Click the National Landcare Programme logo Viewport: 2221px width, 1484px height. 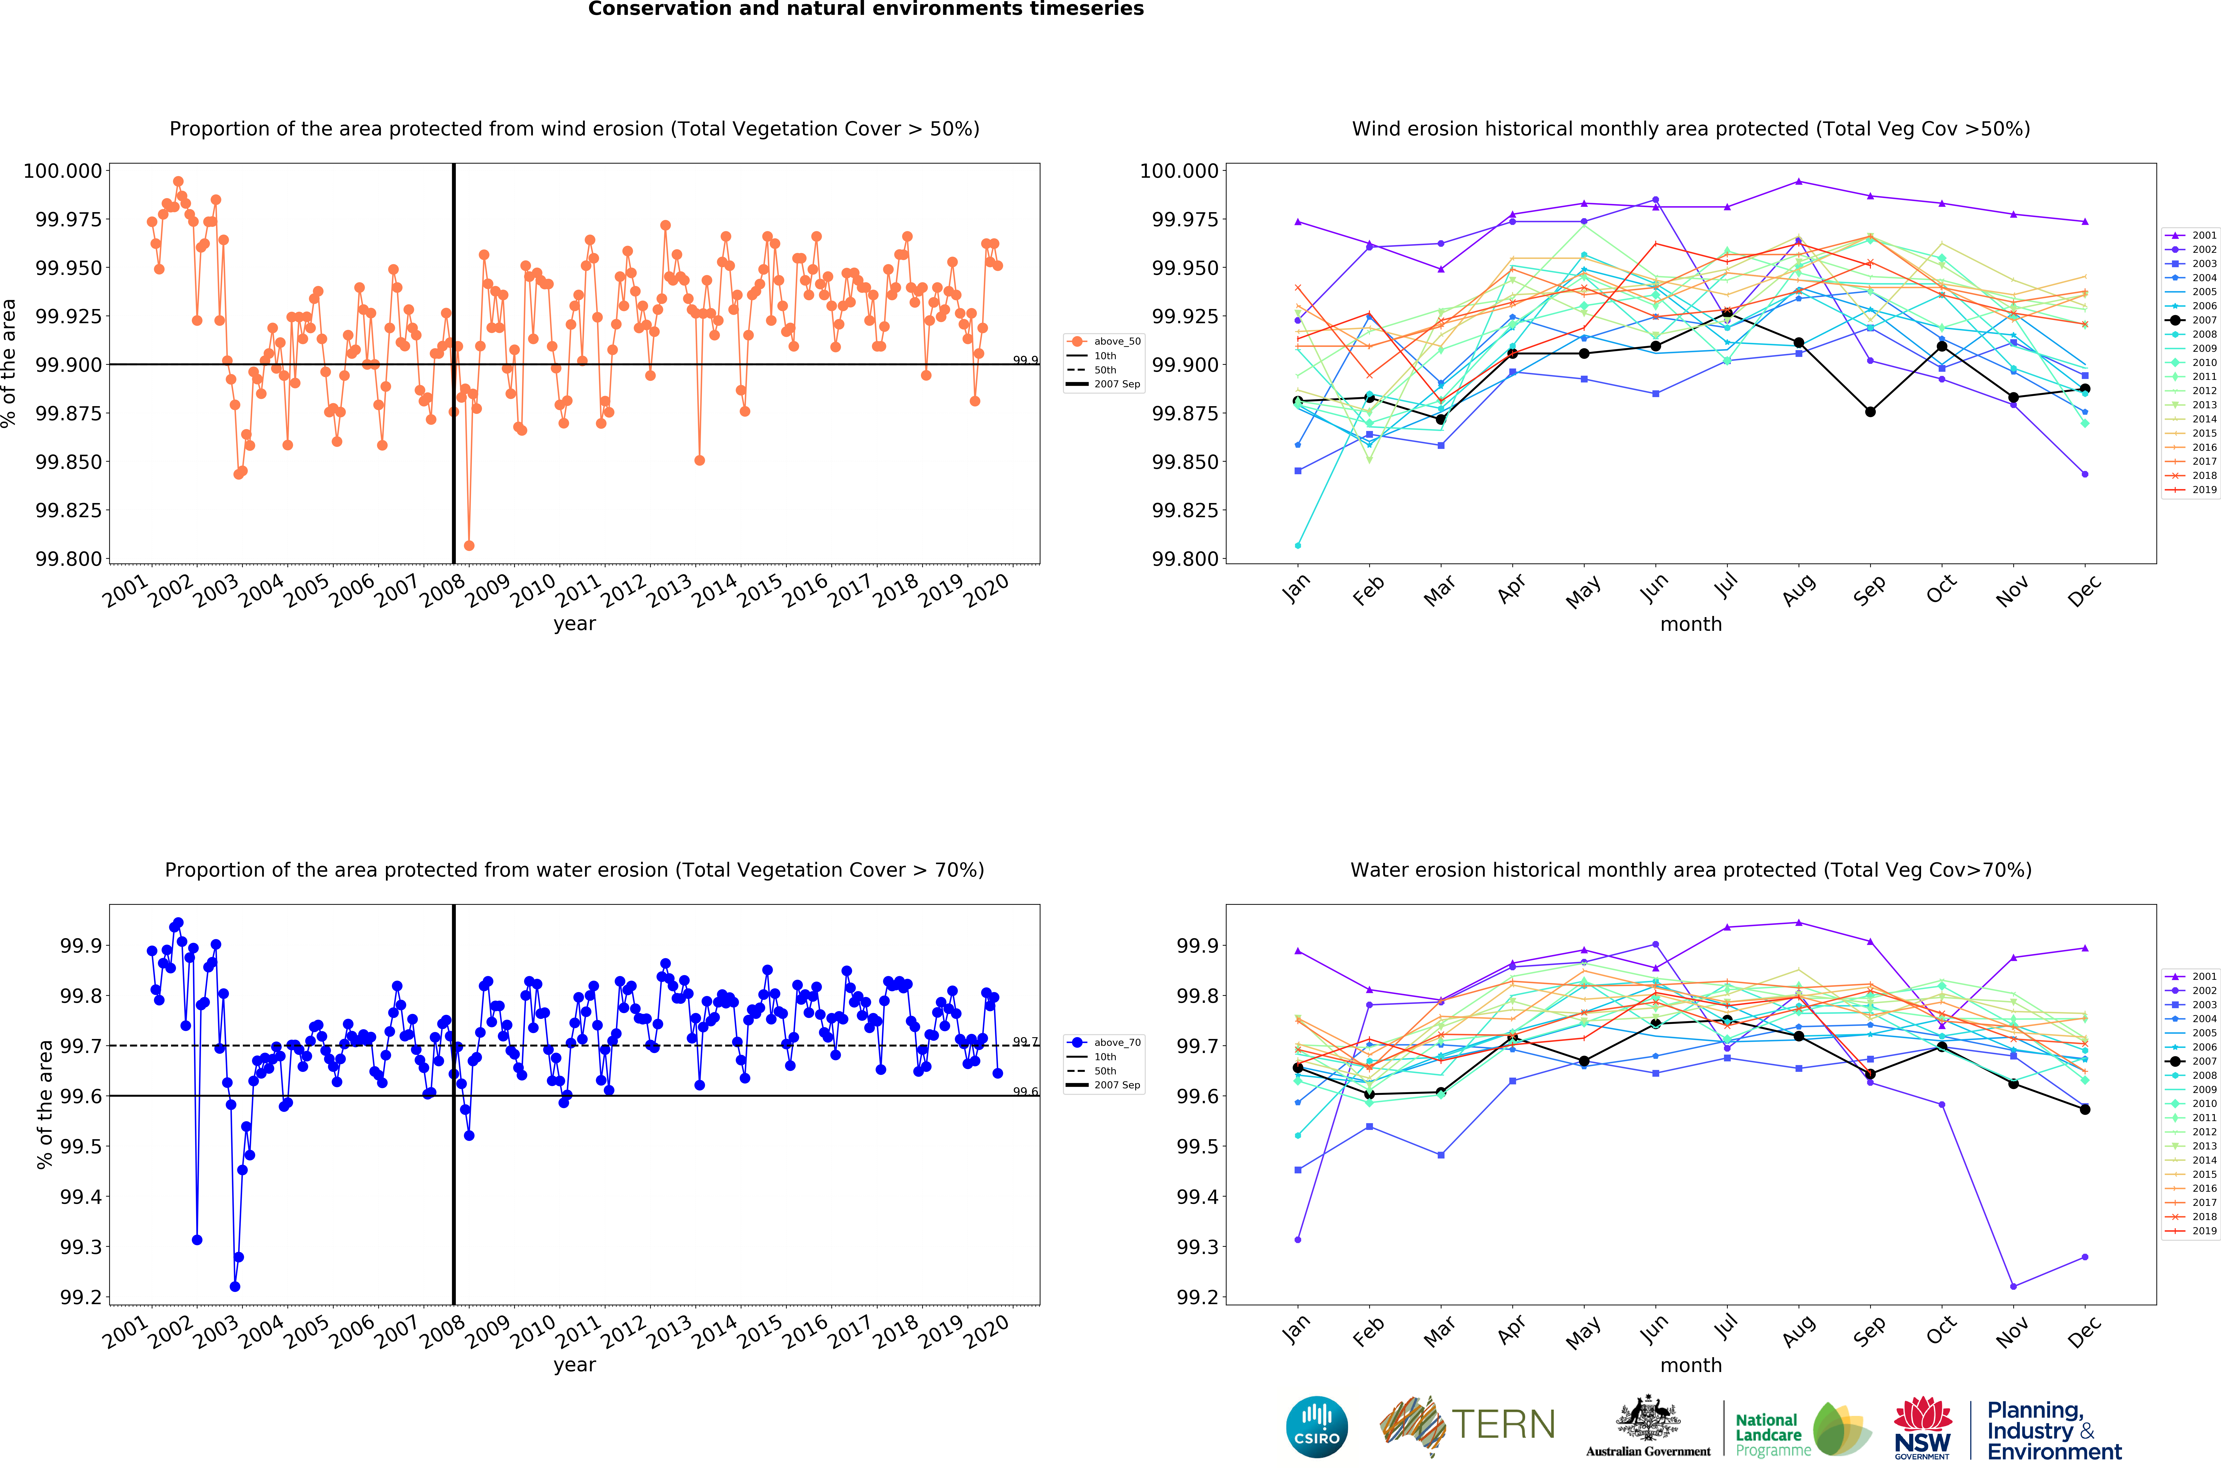point(1803,1429)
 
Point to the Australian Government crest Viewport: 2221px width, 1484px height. point(1648,1420)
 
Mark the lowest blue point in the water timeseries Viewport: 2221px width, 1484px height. point(235,1286)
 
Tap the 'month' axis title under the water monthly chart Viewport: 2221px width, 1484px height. point(1690,1365)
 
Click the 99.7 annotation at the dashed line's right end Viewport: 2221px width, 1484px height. point(1025,1041)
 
